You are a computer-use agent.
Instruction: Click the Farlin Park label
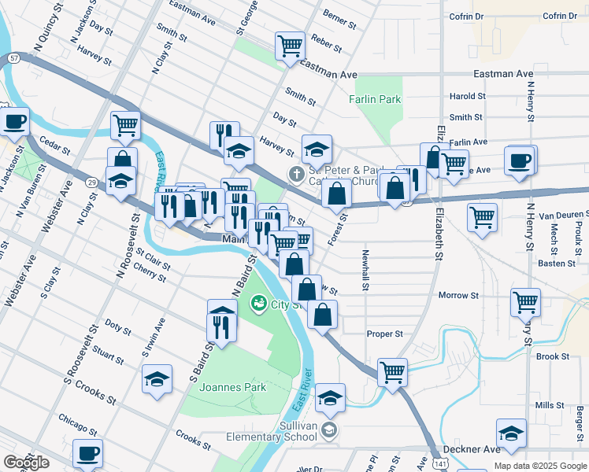click(x=375, y=99)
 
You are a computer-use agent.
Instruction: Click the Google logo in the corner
click(x=26, y=463)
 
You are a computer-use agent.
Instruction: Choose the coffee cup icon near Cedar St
click(x=15, y=121)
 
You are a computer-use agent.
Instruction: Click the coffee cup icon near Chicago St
click(x=87, y=453)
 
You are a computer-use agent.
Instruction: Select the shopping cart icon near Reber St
click(x=290, y=45)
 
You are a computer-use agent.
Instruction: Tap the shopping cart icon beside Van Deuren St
click(x=482, y=216)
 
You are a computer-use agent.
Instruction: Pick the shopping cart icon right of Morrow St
click(x=525, y=301)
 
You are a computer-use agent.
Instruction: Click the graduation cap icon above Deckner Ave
click(x=511, y=433)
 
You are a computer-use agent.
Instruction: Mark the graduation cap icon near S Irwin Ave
click(x=157, y=378)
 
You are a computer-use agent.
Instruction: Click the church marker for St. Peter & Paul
click(x=296, y=173)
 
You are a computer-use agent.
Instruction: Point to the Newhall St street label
click(x=365, y=271)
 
